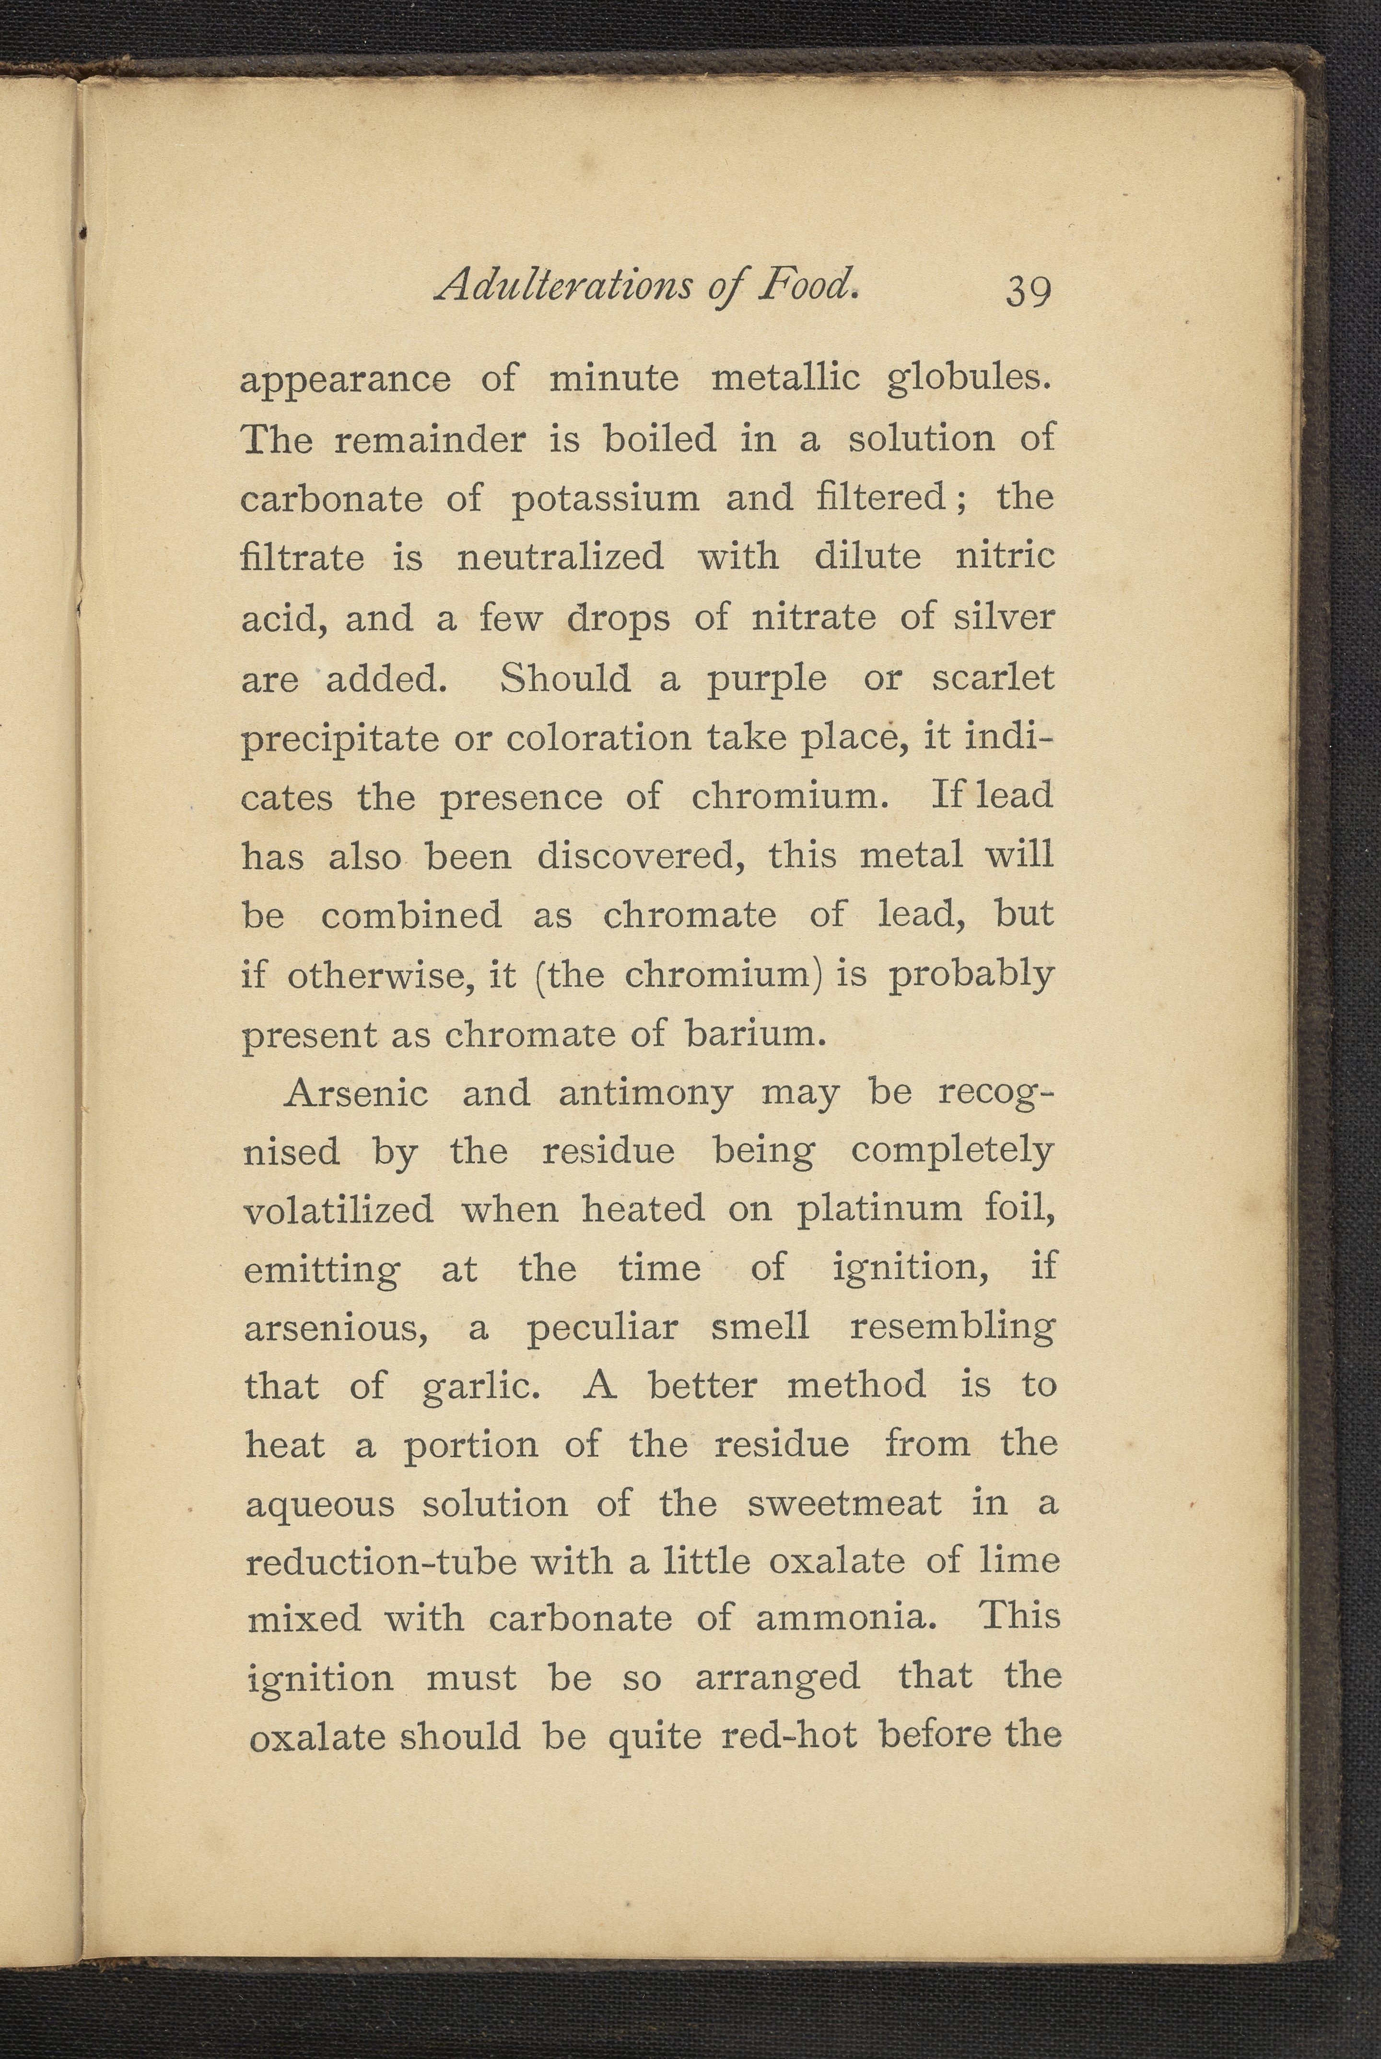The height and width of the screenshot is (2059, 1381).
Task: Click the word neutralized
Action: [x=560, y=558]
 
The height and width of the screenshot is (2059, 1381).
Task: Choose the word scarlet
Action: [x=993, y=678]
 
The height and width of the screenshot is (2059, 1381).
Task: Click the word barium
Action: [x=756, y=1033]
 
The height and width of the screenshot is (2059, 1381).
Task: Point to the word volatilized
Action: [x=338, y=1209]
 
